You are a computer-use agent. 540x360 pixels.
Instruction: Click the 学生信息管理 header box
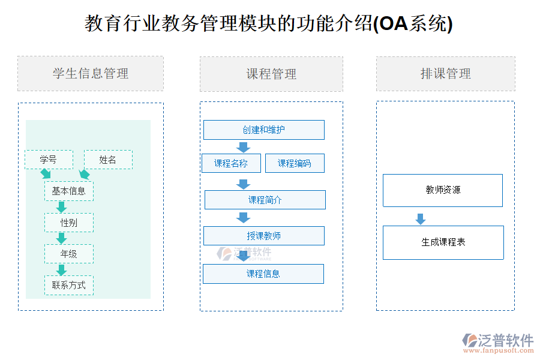coord(91,74)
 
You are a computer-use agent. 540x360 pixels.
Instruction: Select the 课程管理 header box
coord(271,74)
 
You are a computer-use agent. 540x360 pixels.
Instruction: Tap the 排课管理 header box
coord(445,74)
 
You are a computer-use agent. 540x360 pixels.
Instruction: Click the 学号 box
coord(49,160)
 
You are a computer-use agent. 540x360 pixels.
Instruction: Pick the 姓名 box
coord(108,160)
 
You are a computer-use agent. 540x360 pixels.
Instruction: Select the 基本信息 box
coord(69,191)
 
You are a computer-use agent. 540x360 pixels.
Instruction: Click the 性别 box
coord(69,223)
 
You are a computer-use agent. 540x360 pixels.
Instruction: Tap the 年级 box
coord(69,254)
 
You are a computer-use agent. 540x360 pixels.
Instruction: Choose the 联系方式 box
coord(69,285)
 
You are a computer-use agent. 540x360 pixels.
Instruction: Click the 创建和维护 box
coord(264,130)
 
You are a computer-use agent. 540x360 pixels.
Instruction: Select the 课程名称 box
coord(232,163)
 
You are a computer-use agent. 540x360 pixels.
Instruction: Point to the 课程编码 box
coord(295,163)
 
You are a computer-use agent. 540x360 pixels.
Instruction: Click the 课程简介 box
coord(265,200)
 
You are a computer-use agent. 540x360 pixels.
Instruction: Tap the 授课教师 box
coord(264,236)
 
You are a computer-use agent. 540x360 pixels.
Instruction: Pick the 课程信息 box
coord(263,274)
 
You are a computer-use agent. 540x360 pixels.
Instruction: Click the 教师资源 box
coord(443,190)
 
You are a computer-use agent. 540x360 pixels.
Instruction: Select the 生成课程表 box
coord(443,242)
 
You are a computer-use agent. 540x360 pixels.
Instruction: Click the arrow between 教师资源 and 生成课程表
coord(421,219)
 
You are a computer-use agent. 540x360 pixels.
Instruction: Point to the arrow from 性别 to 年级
coord(61,238)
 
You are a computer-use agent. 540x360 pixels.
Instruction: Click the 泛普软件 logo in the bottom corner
coord(498,343)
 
